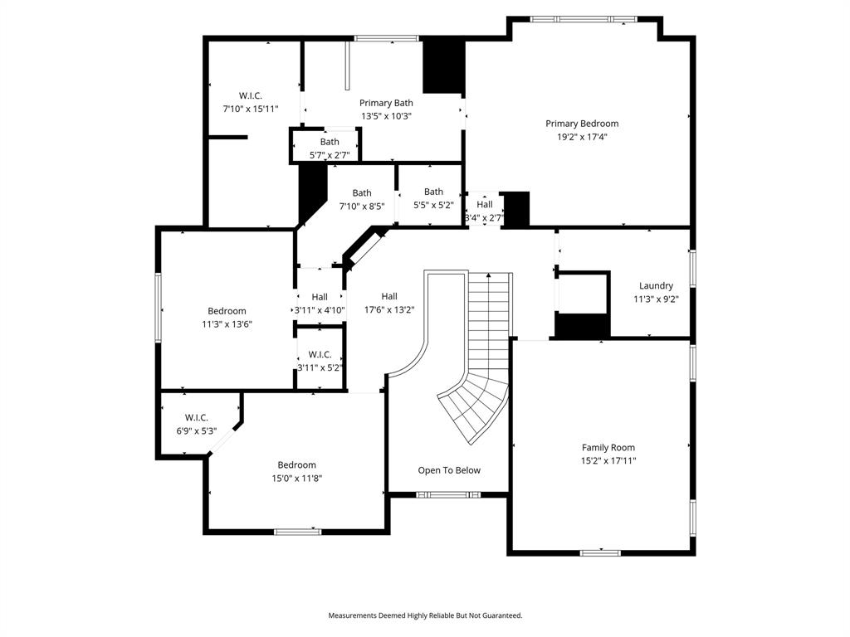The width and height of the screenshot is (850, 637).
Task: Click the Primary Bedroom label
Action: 581,124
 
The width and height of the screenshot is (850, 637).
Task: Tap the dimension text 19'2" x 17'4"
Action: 581,137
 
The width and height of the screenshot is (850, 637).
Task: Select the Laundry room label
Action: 656,286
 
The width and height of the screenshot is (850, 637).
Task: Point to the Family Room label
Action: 608,447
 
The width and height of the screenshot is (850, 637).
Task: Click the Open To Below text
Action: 449,470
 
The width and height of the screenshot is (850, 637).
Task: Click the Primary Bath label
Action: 386,103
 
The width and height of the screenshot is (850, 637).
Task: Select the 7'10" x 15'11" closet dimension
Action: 250,109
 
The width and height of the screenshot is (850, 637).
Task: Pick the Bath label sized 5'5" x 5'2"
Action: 433,192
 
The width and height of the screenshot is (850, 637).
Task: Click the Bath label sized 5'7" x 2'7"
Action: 330,142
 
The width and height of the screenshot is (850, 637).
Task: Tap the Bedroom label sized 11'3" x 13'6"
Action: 227,311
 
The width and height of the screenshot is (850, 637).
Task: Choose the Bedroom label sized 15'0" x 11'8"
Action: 296,464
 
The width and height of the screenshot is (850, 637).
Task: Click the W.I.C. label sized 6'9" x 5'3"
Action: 197,417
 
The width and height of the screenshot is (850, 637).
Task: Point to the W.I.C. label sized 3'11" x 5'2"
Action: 320,354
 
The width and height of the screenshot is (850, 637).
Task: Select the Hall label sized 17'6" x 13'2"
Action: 389,296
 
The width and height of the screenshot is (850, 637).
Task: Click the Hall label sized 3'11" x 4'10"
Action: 320,297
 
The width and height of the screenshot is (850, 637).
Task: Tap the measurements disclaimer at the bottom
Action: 425,615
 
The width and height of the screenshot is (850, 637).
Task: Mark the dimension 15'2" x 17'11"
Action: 608,460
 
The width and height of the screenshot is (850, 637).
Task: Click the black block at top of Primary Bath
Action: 443,66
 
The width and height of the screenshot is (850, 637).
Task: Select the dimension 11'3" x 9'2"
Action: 656,299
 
